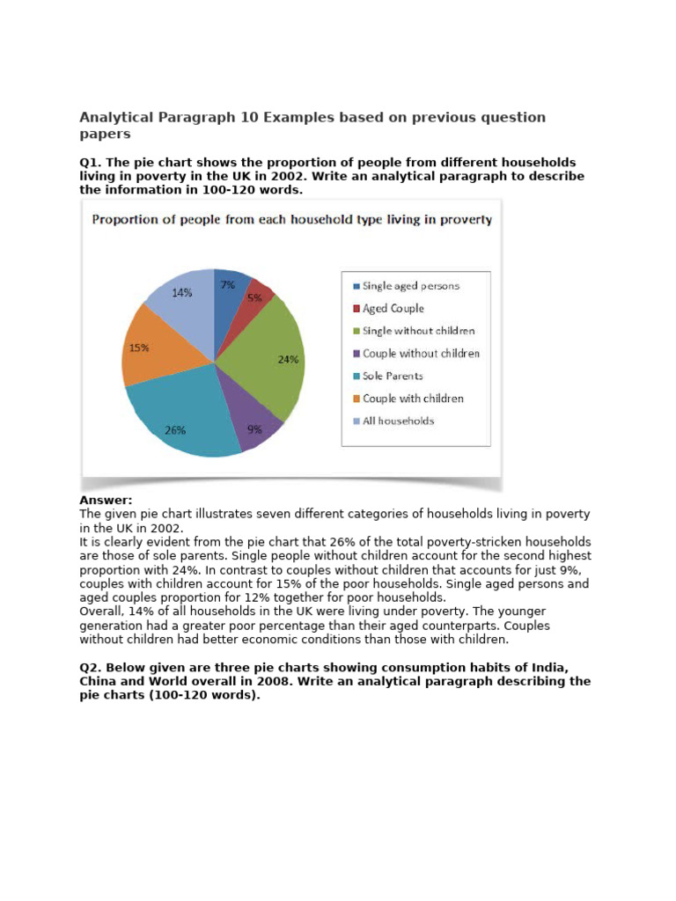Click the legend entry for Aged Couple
tap(393, 309)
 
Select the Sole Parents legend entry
tap(393, 376)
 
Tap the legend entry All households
tap(398, 421)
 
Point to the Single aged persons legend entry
tap(410, 286)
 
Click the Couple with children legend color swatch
tap(356, 399)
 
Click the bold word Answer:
tap(106, 500)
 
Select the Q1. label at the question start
tap(92, 163)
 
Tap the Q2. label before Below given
tap(92, 668)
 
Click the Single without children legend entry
tap(418, 331)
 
